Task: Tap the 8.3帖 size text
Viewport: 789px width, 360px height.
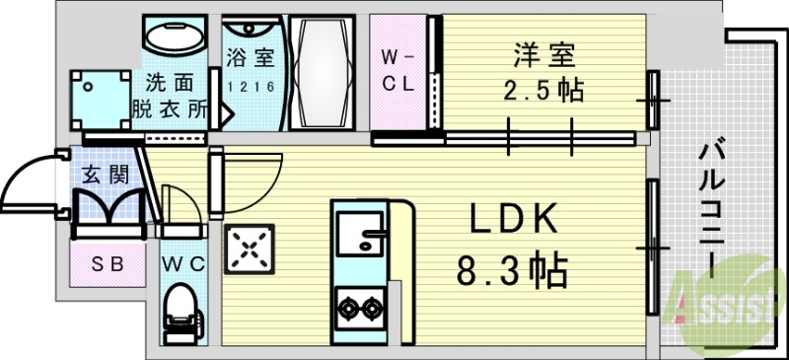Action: [511, 268]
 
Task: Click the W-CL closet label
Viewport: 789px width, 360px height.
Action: [398, 70]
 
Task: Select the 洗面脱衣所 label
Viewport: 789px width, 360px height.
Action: [171, 96]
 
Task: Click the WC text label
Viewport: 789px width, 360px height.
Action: [182, 263]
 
